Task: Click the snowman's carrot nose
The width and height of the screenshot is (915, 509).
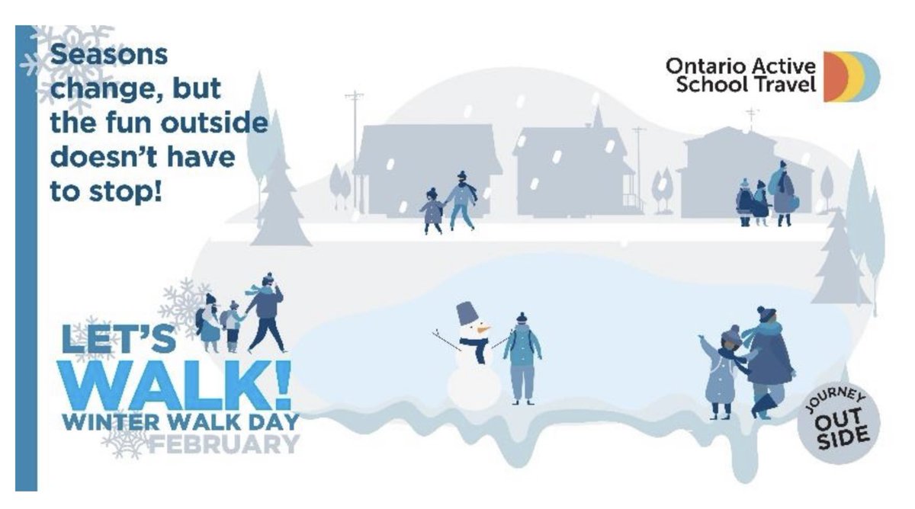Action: (482, 330)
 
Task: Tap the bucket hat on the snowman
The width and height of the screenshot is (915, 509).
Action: (467, 313)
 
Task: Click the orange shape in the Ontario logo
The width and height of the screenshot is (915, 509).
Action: (834, 77)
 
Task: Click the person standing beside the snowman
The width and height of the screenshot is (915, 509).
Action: (522, 358)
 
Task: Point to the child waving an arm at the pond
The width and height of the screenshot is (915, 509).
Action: (721, 373)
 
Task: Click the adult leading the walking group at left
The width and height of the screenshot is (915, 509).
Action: (265, 312)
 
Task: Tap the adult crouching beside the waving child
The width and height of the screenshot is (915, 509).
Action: (769, 358)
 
